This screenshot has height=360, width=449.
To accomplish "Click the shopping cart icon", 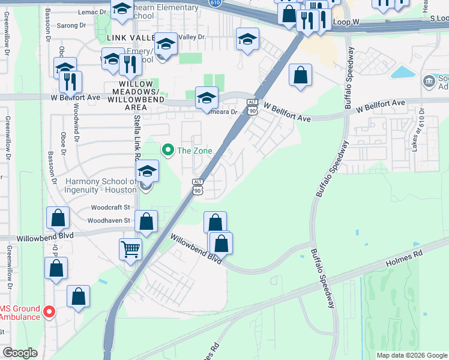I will click(130, 248).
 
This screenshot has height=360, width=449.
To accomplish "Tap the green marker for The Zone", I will click(168, 150).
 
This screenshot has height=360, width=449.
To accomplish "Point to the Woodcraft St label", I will click(110, 207).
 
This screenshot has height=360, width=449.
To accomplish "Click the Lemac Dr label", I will click(92, 11).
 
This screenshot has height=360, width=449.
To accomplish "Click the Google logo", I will click(20, 353).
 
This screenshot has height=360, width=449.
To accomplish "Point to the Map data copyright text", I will click(411, 355).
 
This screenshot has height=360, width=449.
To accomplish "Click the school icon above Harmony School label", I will click(146, 172).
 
